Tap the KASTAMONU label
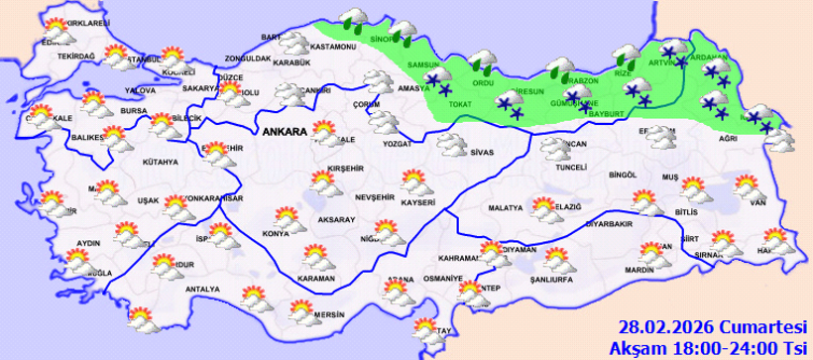pos(332,48)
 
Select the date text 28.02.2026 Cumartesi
pos(711,326)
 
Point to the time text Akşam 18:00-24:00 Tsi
pos(710,347)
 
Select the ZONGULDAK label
pos(248,59)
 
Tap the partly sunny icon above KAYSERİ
pos(414,181)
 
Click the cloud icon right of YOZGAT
pos(451,146)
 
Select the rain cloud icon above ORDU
pos(485,61)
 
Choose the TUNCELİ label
pos(572,168)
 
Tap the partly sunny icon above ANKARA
pos(321,133)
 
